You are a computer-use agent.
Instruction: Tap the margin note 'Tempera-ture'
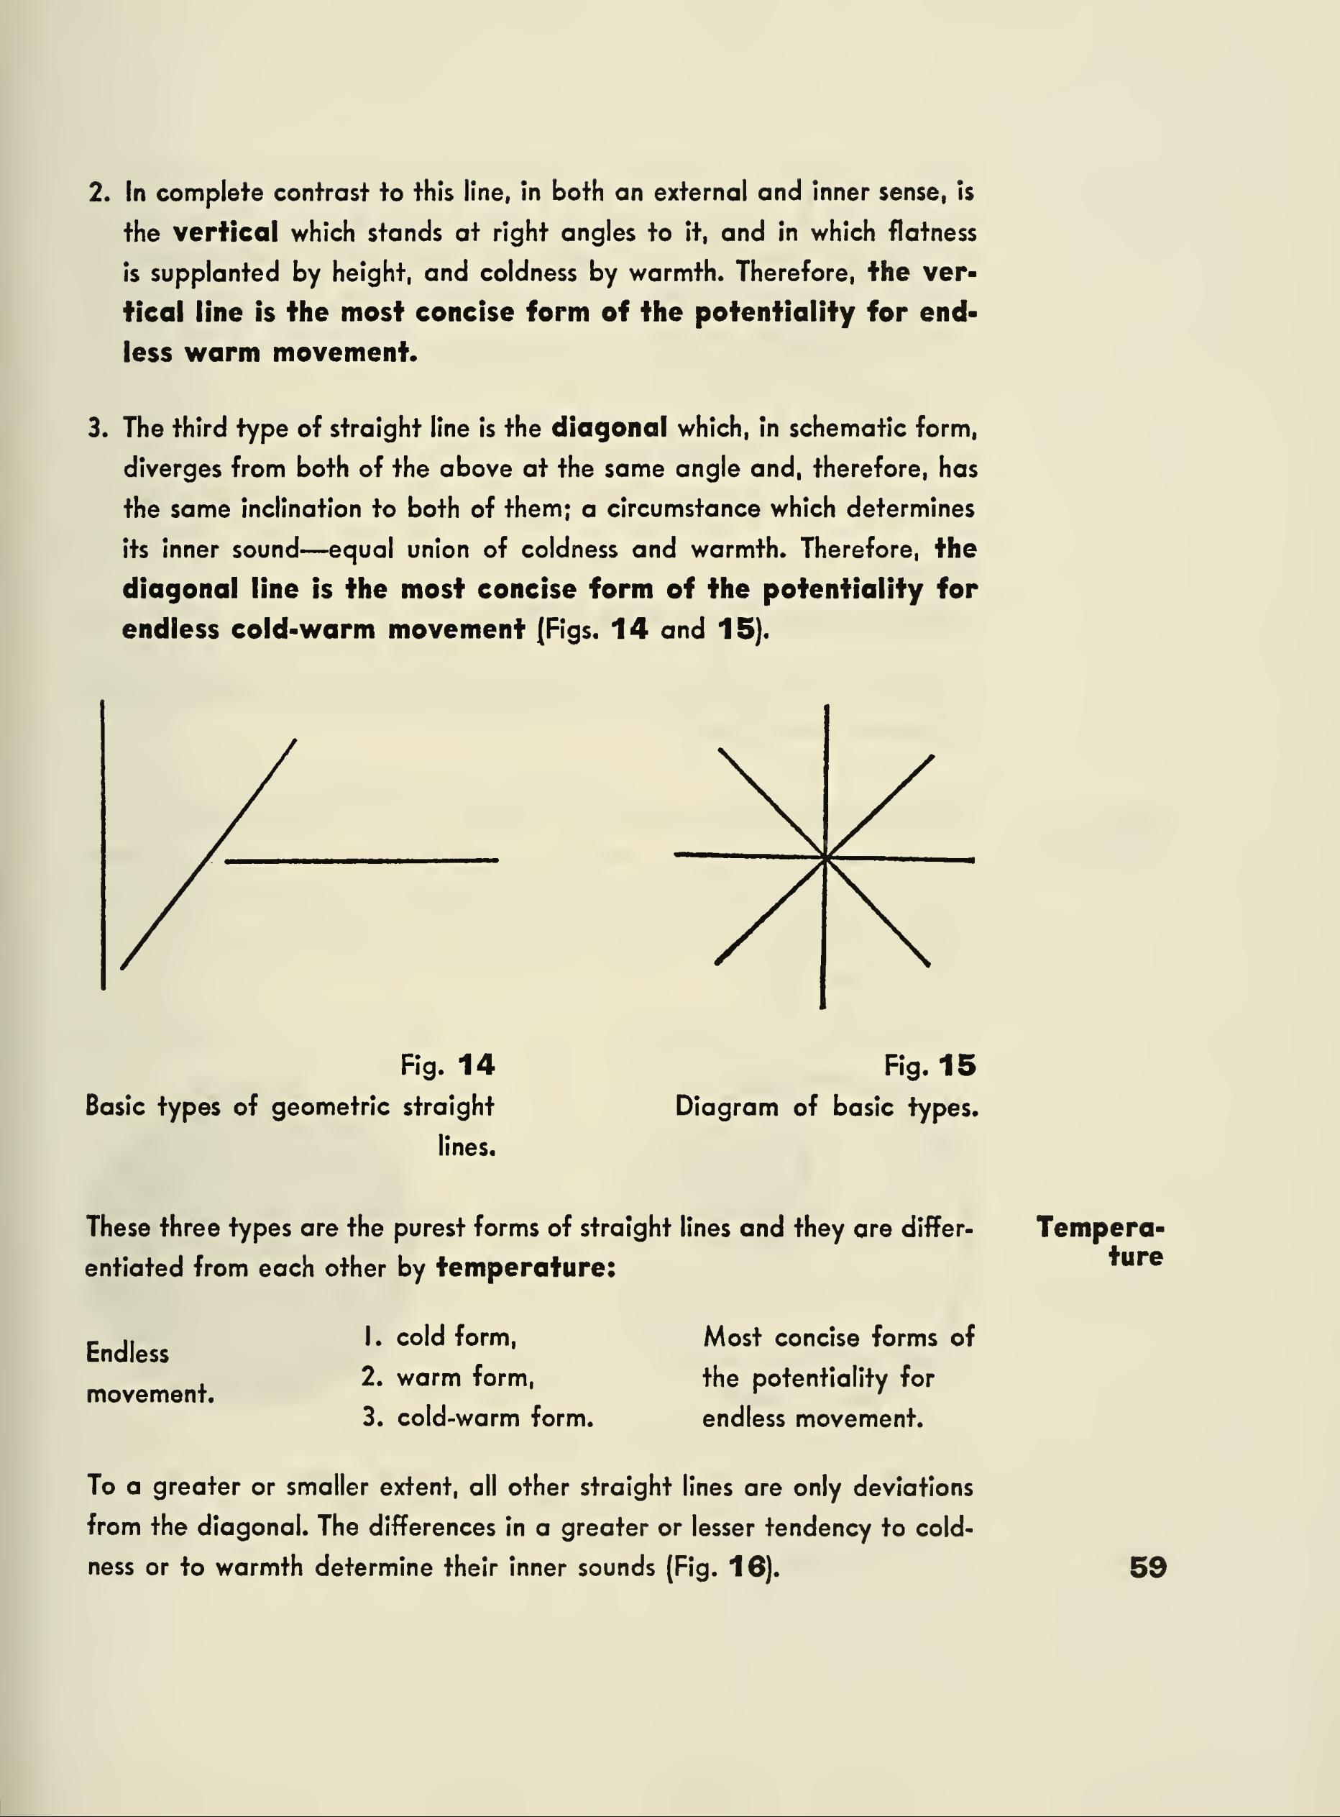1101,1242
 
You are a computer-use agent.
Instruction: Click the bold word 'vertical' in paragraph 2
226,233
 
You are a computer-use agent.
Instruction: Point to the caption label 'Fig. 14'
447,1065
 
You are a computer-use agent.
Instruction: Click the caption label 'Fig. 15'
930,1065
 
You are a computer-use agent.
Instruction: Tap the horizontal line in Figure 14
362,860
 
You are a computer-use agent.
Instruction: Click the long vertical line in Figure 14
103,844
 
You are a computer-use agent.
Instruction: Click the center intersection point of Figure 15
825,857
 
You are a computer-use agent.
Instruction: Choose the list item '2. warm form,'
447,1377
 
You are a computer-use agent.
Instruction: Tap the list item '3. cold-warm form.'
477,1418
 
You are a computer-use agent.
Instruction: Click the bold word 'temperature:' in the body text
526,1267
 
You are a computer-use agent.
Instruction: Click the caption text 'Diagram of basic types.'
827,1107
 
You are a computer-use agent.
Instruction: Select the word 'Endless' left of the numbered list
127,1353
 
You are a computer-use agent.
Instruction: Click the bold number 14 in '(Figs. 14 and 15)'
630,629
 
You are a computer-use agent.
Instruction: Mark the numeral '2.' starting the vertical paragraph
98,193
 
